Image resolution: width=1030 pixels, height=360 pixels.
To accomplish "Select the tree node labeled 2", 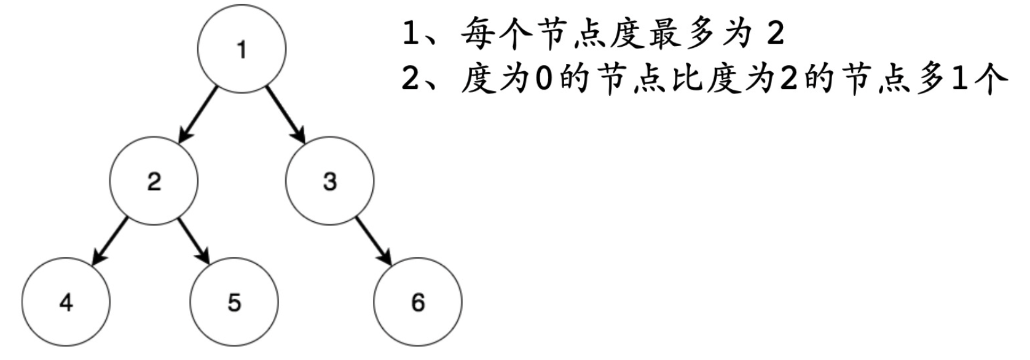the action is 154,181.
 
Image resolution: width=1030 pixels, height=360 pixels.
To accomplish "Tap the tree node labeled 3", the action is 330,181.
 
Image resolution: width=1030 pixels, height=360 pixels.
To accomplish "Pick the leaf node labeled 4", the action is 66,302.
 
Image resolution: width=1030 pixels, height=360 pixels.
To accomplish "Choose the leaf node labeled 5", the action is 234,302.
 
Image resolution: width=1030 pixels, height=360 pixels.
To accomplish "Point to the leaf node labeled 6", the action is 418,302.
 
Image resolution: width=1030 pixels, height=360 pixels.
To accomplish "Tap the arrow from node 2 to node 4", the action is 110,241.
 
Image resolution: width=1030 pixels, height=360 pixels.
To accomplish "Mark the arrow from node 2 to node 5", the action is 194,241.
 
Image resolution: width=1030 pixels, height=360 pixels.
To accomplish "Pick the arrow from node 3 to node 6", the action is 374,241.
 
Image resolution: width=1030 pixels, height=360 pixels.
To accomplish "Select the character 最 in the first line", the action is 663,36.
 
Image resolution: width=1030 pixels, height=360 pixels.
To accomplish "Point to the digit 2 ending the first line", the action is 776,35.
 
